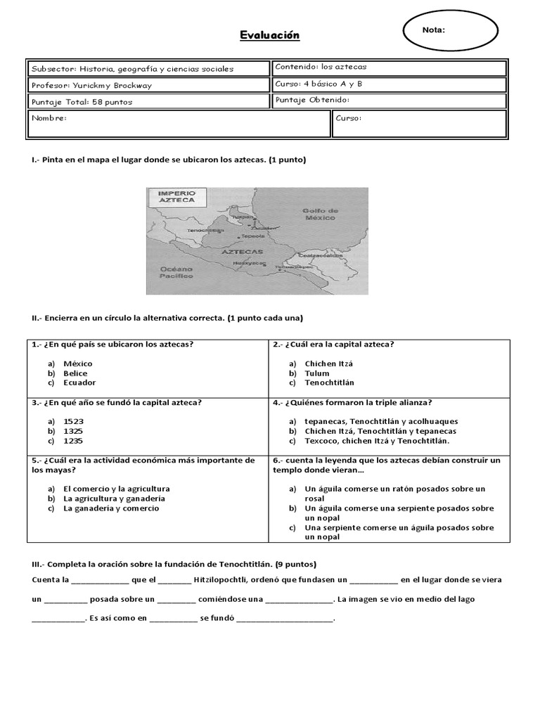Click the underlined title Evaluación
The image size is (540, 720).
[270, 35]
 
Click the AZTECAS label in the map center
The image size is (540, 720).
[241, 251]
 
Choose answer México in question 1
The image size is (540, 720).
[77, 364]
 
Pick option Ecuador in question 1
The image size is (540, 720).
[79, 382]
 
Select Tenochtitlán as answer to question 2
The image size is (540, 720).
[329, 382]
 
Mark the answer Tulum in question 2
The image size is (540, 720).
[317, 373]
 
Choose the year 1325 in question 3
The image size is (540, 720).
[73, 431]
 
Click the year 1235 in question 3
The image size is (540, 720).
[73, 441]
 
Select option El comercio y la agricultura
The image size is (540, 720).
[116, 489]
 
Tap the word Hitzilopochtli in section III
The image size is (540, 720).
[224, 580]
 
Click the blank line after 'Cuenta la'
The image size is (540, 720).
[100, 581]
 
